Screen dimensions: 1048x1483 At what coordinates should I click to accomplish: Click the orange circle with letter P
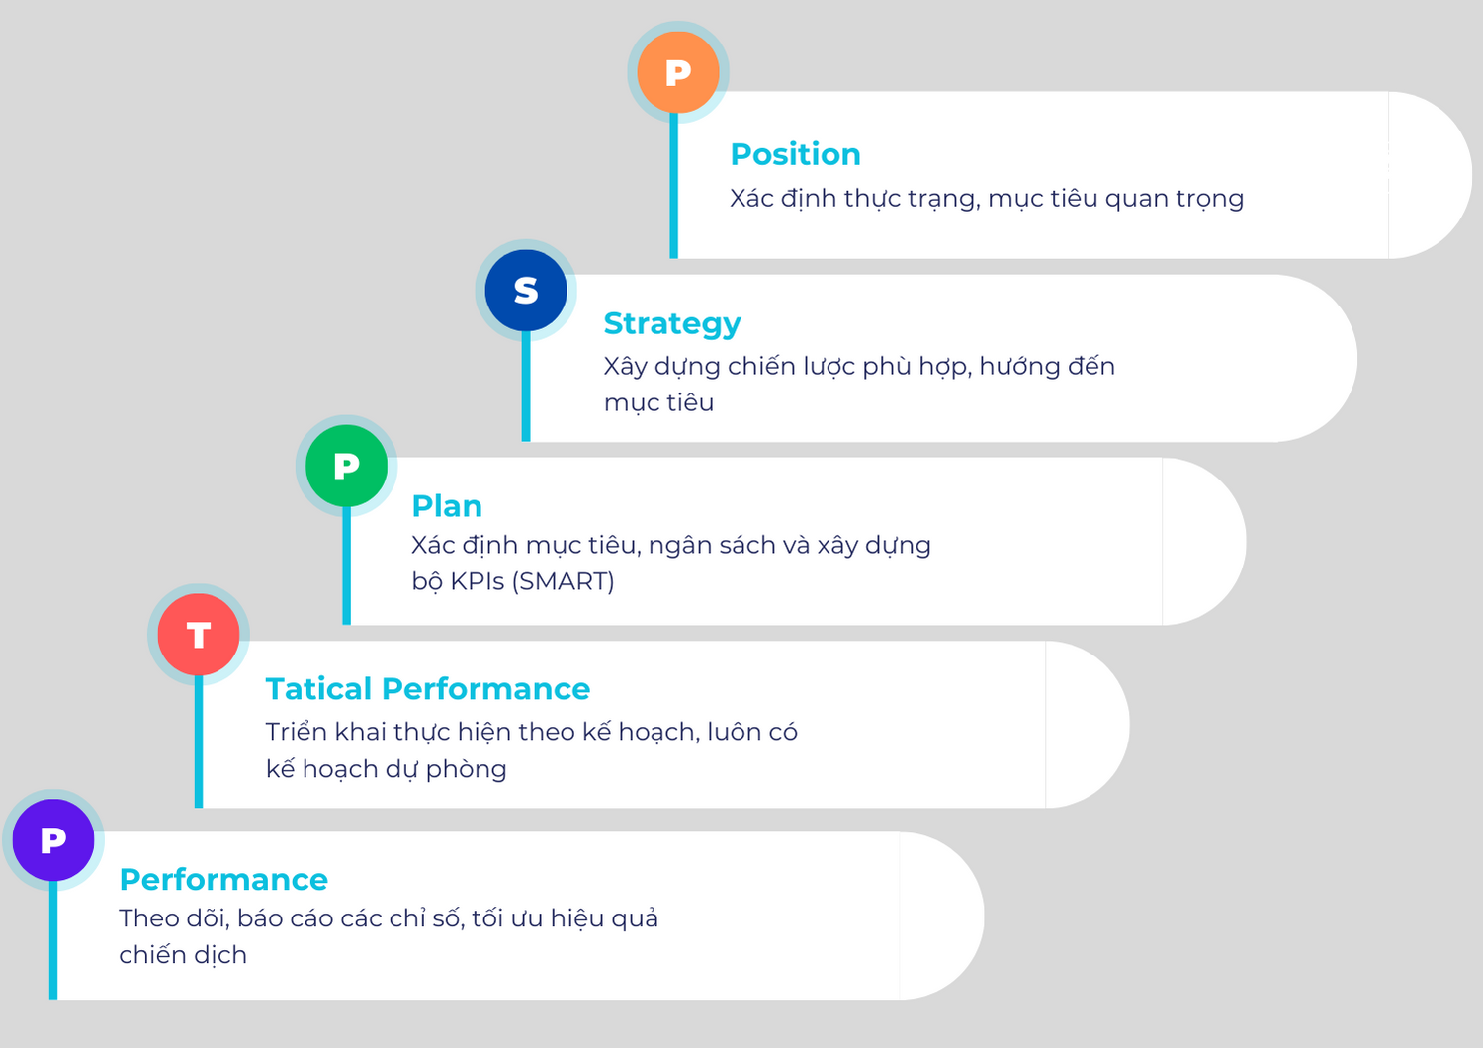(677, 72)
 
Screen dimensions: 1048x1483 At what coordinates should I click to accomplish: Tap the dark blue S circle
(526, 291)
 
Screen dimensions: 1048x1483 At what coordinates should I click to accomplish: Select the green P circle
(346, 466)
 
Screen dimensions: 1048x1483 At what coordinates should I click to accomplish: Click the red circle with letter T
(199, 635)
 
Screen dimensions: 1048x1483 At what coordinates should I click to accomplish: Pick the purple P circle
(53, 840)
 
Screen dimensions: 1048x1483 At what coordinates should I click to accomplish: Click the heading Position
(795, 154)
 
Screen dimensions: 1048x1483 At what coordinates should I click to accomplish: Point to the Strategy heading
(671, 323)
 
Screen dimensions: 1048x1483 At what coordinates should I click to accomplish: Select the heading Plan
(447, 506)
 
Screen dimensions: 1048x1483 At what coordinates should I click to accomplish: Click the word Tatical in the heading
(318, 689)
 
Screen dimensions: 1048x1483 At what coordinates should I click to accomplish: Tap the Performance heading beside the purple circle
(223, 880)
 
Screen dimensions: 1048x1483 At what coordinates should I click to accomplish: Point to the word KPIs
(478, 581)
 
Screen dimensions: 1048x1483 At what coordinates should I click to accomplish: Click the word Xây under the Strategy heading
(625, 367)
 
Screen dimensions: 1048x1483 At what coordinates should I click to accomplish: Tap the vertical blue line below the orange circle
(673, 188)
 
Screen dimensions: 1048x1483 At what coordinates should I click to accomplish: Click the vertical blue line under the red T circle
(199, 742)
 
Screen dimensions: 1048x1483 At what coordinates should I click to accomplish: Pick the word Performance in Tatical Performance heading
(485, 689)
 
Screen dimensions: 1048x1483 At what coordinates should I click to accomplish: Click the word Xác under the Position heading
(751, 199)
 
